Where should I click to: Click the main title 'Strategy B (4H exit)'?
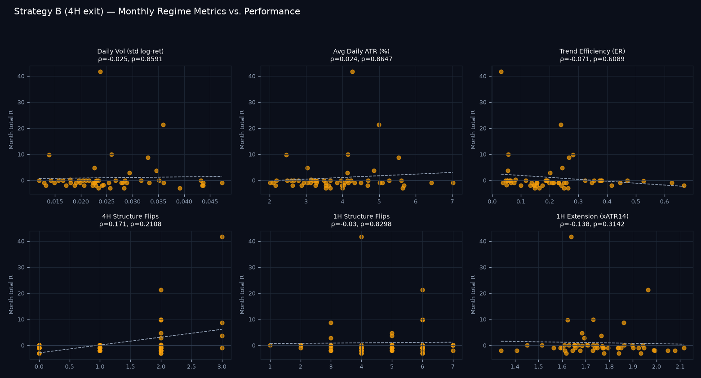pos(59,12)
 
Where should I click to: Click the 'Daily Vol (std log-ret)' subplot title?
pos(130,51)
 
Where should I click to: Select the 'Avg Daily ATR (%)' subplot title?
pos(361,51)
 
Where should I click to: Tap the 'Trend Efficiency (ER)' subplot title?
pos(592,51)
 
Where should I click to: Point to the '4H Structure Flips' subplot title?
pos(130,216)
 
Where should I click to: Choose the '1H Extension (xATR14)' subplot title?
pos(592,216)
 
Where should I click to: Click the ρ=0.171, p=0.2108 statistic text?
pos(130,225)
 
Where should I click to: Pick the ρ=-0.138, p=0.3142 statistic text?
pos(592,225)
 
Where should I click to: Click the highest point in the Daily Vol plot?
pos(101,72)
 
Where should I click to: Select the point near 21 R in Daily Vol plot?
pos(163,125)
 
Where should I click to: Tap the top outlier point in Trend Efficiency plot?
pos(501,72)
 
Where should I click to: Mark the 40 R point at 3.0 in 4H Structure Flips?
pos(222,237)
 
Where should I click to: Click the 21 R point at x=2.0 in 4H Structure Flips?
pos(161,290)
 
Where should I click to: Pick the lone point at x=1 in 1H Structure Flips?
pos(271,346)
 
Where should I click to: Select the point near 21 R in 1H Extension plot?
pos(648,290)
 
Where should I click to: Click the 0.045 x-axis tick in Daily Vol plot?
pos(210,202)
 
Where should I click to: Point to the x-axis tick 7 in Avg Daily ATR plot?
pos(452,202)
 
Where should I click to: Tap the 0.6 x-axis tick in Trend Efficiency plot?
pos(665,202)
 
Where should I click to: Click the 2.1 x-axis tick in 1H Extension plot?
pos(680,367)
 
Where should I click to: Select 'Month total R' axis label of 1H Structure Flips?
pos(242,295)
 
